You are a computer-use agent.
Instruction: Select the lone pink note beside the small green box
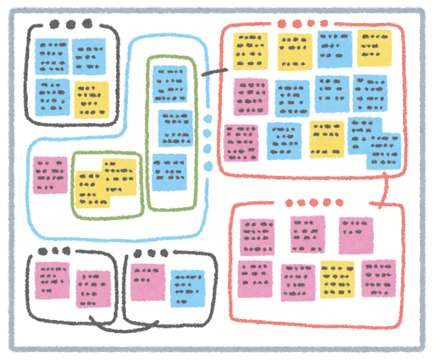(x=50, y=175)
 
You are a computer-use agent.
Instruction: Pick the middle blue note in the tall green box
(x=175, y=128)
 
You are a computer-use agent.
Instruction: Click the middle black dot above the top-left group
(x=70, y=24)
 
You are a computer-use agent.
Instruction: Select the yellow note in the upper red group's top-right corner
(x=375, y=48)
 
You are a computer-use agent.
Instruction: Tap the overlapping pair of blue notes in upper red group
(x=375, y=143)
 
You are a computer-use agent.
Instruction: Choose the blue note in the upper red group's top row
(x=334, y=49)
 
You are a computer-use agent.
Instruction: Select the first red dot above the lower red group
(x=289, y=203)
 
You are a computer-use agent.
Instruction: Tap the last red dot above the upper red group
(x=324, y=23)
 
